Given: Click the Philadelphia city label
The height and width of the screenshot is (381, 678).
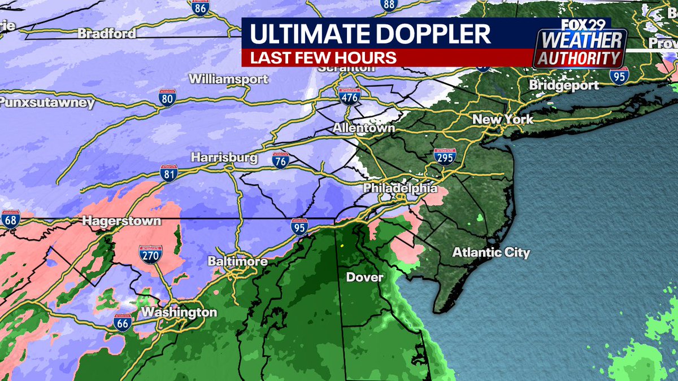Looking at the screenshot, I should tap(400, 187).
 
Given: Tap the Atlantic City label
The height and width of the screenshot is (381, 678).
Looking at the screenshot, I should tap(491, 252).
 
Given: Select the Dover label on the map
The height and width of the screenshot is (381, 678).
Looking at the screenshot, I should tap(364, 277).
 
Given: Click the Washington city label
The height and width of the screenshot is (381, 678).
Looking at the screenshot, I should tap(179, 312).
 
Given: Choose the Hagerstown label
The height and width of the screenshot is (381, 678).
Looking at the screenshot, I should tap(121, 221).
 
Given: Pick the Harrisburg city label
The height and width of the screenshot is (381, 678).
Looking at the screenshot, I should tap(224, 157).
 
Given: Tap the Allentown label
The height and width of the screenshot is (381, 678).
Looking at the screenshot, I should tap(363, 128).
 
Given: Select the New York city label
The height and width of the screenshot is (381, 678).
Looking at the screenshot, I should tap(502, 120).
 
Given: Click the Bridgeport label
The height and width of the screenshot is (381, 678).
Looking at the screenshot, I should tap(564, 85).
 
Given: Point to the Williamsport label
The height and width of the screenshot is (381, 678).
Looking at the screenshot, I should tap(228, 79).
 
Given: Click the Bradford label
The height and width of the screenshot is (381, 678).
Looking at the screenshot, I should tap(107, 33).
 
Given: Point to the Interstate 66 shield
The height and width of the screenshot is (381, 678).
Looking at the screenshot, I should tap(123, 322).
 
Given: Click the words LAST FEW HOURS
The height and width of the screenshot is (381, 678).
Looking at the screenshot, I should tap(323, 58).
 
